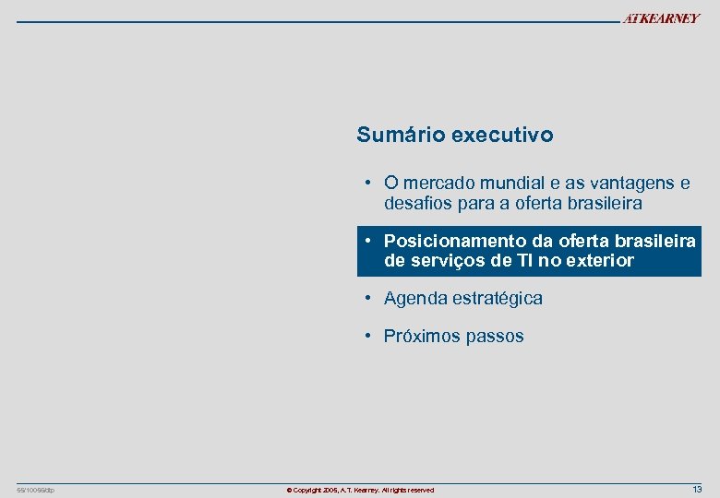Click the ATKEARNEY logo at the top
click(661, 19)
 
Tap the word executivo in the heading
click(503, 135)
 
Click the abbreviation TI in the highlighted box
click(525, 260)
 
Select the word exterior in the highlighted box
click(599, 260)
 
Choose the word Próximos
click(421, 336)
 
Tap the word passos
click(494, 336)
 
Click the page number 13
click(697, 489)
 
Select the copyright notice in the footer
click(360, 490)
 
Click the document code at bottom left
click(36, 490)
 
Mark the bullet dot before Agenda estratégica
click(367, 298)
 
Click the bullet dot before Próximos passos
click(367, 336)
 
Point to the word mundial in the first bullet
click(506, 183)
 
